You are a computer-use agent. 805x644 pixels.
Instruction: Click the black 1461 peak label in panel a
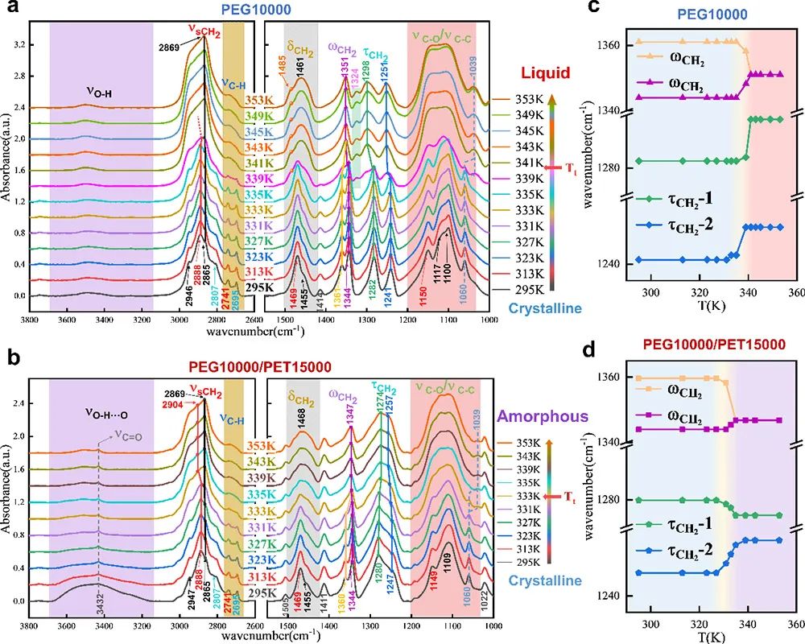tap(299, 72)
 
